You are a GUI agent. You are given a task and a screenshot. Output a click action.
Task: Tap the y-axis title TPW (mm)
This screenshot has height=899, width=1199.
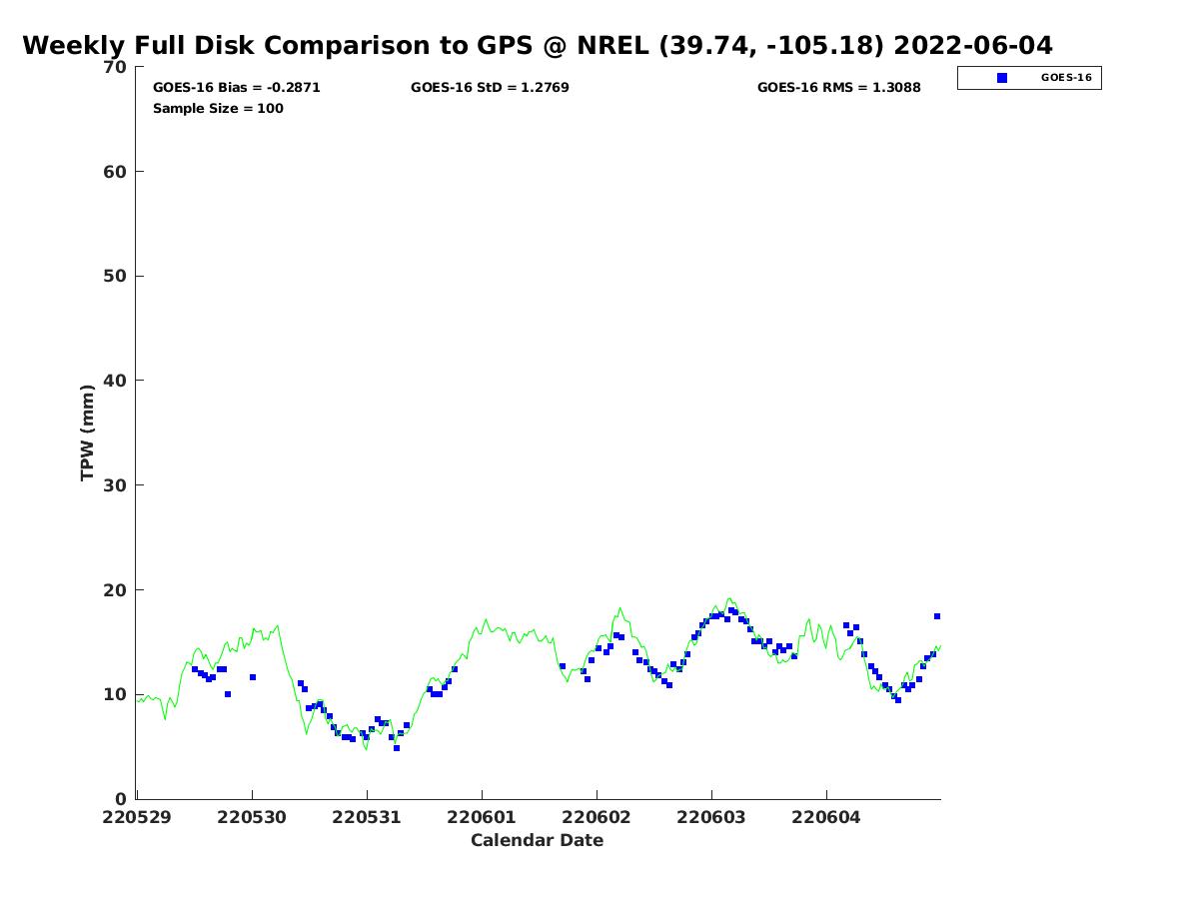click(87, 433)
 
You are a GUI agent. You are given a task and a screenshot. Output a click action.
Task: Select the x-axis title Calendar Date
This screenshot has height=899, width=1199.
click(537, 840)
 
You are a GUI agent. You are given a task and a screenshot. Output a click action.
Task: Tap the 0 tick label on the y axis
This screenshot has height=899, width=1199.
click(121, 799)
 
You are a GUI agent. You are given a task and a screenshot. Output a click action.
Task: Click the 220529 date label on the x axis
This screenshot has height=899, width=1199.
click(137, 817)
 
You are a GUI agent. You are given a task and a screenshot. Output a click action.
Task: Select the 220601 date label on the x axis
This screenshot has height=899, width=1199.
click(482, 817)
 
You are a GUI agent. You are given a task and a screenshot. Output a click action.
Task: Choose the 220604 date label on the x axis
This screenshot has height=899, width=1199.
click(826, 817)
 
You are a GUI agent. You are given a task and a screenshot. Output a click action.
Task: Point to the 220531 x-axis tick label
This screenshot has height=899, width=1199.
click(367, 817)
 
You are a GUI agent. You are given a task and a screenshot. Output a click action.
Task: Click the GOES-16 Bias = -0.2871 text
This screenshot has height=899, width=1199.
click(237, 88)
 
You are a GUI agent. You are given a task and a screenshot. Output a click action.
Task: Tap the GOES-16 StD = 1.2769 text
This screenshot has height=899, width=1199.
click(490, 88)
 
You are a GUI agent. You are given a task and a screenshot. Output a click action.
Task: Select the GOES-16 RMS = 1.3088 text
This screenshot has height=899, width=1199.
click(839, 88)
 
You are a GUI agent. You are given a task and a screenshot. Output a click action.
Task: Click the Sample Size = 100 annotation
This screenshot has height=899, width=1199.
click(218, 109)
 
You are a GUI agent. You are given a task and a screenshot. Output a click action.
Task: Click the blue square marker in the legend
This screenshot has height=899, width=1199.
click(1002, 78)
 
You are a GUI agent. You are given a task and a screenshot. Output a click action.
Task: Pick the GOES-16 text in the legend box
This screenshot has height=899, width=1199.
click(1066, 78)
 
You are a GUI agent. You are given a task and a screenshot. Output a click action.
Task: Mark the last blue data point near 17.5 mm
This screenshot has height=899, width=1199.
click(937, 616)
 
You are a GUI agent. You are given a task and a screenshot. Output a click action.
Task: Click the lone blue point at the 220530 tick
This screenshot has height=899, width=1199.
click(253, 677)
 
